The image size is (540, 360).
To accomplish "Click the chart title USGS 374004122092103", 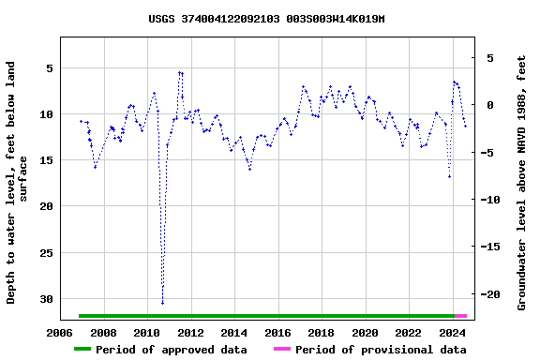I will tap(266, 19).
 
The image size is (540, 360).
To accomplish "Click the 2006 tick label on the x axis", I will tap(60, 332).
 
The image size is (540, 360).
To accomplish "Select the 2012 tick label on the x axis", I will tap(190, 332).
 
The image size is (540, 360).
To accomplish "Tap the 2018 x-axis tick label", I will tap(321, 332).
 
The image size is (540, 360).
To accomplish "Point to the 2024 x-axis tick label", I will tap(452, 332).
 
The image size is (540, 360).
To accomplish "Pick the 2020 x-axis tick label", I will tap(365, 332).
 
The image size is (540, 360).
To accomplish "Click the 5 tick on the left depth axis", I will tap(48, 68).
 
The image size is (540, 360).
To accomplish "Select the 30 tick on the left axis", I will tap(45, 299).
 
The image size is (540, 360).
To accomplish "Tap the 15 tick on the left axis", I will tap(45, 160).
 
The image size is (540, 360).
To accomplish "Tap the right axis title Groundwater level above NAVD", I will tap(522, 182).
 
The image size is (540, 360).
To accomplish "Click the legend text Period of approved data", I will tap(172, 350).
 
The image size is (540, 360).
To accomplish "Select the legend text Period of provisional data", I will tap(381, 350).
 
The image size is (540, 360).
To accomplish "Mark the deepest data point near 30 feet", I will tap(162, 303).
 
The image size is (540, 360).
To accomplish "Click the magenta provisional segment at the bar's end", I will tap(460, 316).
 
